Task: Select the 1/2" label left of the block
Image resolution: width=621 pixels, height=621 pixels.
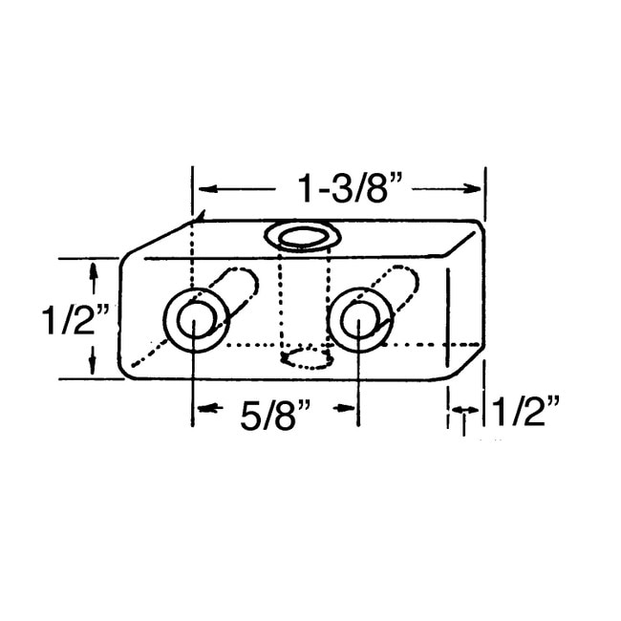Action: pyautogui.click(x=75, y=320)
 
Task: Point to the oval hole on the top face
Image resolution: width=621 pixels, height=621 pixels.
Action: pyautogui.click(x=302, y=238)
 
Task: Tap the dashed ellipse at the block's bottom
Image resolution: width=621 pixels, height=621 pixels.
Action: pyautogui.click(x=306, y=358)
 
